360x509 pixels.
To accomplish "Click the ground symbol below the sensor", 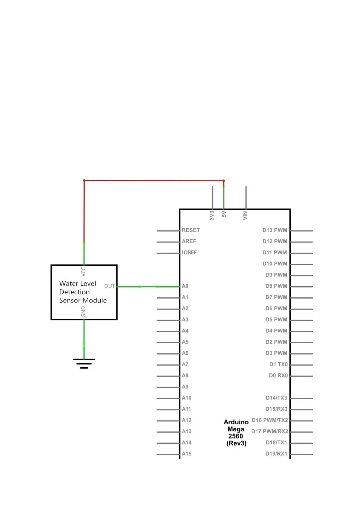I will click(x=84, y=363).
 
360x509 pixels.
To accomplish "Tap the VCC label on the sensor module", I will click(x=83, y=271).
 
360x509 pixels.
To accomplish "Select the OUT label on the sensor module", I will click(x=109, y=286).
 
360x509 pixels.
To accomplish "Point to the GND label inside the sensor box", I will click(x=83, y=312).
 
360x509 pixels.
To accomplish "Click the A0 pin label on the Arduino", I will click(x=185, y=286).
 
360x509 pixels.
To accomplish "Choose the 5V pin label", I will click(x=224, y=214).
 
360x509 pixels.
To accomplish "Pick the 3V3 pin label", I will click(x=212, y=215).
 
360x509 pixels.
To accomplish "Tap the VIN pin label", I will click(x=245, y=215).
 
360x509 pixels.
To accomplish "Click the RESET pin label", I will click(x=190, y=230).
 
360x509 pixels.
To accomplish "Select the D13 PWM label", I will click(x=274, y=230).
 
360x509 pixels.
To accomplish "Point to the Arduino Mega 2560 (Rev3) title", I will click(x=236, y=433).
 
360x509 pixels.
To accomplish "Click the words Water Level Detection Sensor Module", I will click(x=83, y=292).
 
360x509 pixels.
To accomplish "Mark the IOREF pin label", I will click(x=189, y=252).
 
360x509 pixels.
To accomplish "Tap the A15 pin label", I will click(x=186, y=454).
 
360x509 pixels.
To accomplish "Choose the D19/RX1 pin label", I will click(x=276, y=454).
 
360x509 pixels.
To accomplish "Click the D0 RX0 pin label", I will click(x=278, y=375).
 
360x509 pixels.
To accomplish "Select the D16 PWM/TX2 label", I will click(x=270, y=420).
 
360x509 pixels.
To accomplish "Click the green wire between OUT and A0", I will click(x=148, y=287).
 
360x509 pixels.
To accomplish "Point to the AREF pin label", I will click(x=189, y=241).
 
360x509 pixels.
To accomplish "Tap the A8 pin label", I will click(x=185, y=375).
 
